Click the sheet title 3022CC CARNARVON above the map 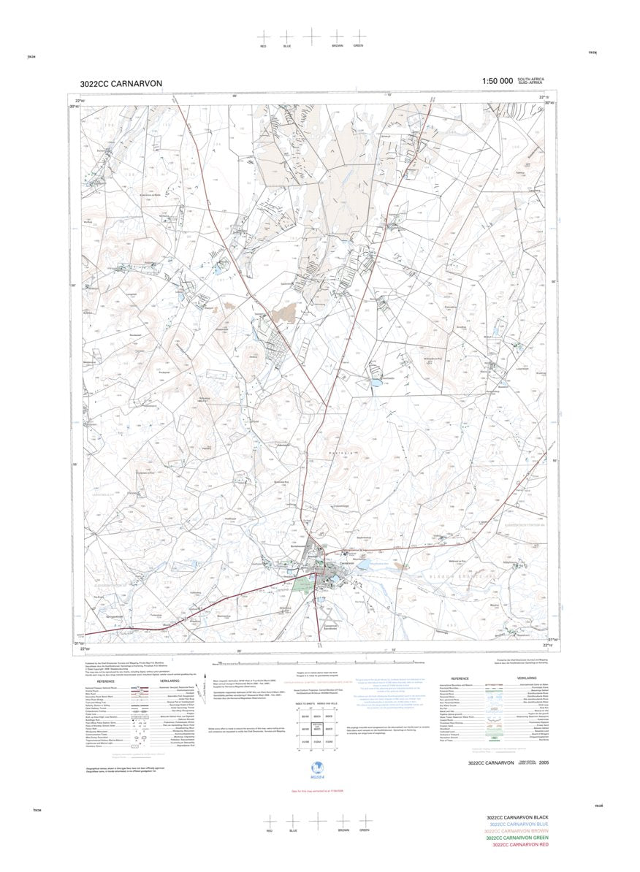click(x=121, y=83)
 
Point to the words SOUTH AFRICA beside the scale click(x=531, y=79)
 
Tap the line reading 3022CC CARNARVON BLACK click(x=517, y=818)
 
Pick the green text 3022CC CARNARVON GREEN click(x=517, y=838)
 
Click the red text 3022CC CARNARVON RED click(x=520, y=844)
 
